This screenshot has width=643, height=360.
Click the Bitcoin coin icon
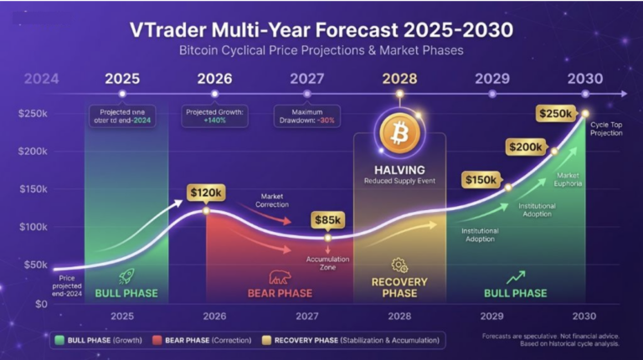(x=399, y=132)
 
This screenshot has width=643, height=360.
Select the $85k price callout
(x=327, y=220)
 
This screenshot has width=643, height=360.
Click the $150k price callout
(x=481, y=179)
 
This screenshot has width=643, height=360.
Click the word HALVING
(x=400, y=169)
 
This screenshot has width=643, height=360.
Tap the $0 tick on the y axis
(x=39, y=305)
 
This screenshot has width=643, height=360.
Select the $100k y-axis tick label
(x=33, y=228)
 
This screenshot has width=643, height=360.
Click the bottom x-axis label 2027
(x=306, y=316)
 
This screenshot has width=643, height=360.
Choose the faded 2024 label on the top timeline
(x=41, y=80)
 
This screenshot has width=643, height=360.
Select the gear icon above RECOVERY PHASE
(x=399, y=265)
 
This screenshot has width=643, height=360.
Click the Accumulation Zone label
(x=328, y=263)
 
